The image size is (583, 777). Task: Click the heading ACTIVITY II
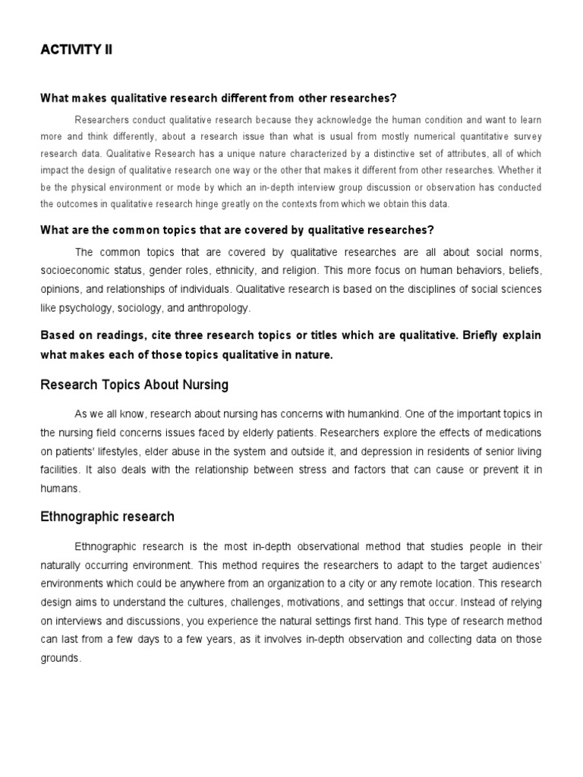click(76, 51)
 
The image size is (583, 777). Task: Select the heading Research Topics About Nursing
click(134, 385)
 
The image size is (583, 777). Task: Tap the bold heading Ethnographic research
click(107, 517)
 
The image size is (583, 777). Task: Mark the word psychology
click(93, 308)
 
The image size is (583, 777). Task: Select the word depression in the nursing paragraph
click(380, 451)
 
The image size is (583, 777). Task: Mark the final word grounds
click(60, 659)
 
